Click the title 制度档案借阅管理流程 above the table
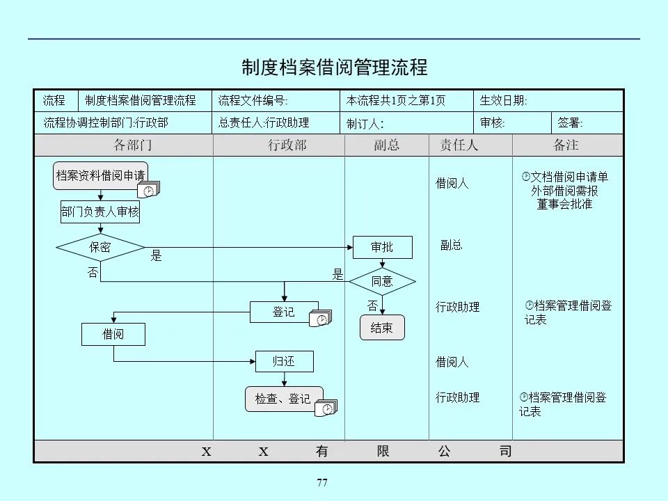[x=334, y=67]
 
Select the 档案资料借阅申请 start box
[x=100, y=175]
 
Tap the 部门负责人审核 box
[x=100, y=213]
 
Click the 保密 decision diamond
[x=100, y=247]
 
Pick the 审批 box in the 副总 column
[x=382, y=247]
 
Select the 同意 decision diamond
[x=382, y=281]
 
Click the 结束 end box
[x=382, y=328]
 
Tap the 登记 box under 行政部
[x=283, y=312]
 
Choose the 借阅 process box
[x=113, y=334]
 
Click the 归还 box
[x=283, y=361]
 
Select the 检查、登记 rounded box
[x=283, y=399]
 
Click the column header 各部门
[x=132, y=145]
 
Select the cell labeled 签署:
[x=587, y=123]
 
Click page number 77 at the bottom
[x=321, y=483]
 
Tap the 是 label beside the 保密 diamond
[x=157, y=257]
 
